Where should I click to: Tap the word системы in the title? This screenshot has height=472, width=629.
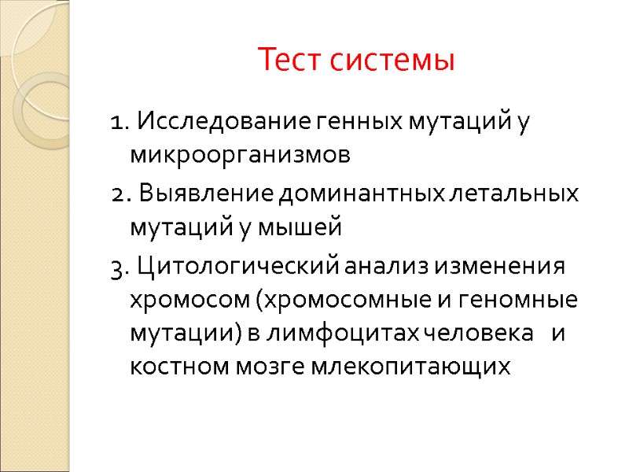click(x=392, y=60)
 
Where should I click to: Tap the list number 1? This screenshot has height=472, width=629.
click(x=118, y=124)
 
